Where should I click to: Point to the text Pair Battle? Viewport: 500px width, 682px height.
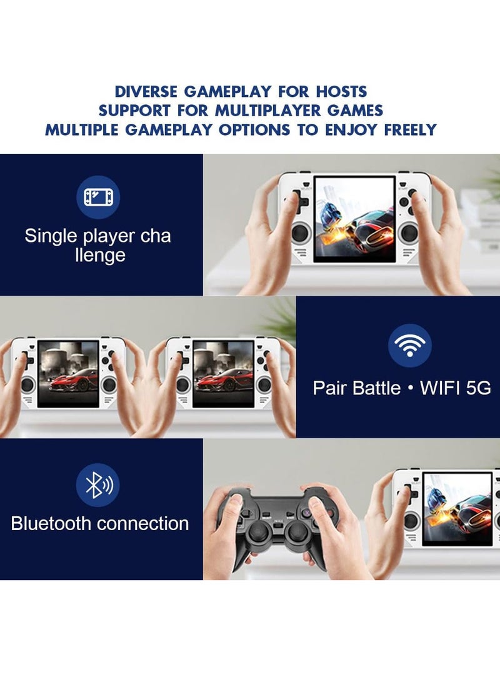(x=357, y=388)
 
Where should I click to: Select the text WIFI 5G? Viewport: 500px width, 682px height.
(x=456, y=388)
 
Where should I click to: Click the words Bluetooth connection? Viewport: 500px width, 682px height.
(x=100, y=523)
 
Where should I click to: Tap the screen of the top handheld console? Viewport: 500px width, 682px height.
(x=355, y=219)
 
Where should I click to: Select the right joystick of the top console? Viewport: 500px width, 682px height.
(x=409, y=233)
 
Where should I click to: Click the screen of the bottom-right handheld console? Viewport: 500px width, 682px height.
(x=457, y=506)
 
